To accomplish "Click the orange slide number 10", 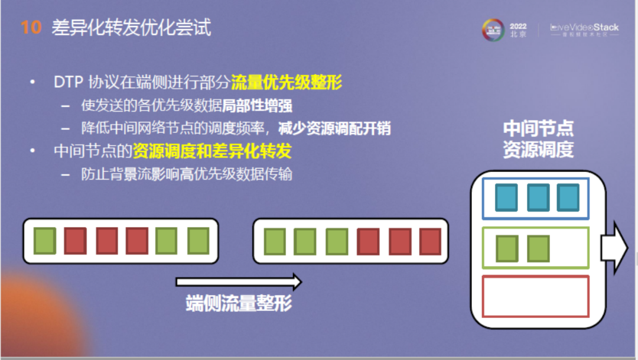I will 31,28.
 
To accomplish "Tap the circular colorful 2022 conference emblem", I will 493,30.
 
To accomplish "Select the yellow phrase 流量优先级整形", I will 287,82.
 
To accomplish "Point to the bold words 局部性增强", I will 258,106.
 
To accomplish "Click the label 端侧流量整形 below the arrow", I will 239,303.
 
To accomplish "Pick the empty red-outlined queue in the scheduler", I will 535,296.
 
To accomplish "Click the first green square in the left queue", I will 45,241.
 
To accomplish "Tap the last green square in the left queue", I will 198,241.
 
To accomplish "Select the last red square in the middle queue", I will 430,241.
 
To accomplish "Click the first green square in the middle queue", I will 275,241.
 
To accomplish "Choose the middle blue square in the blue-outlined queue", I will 538,197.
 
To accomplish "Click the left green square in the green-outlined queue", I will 507,248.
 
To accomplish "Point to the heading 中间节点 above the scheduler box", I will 538,128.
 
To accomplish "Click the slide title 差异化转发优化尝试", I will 131,28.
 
